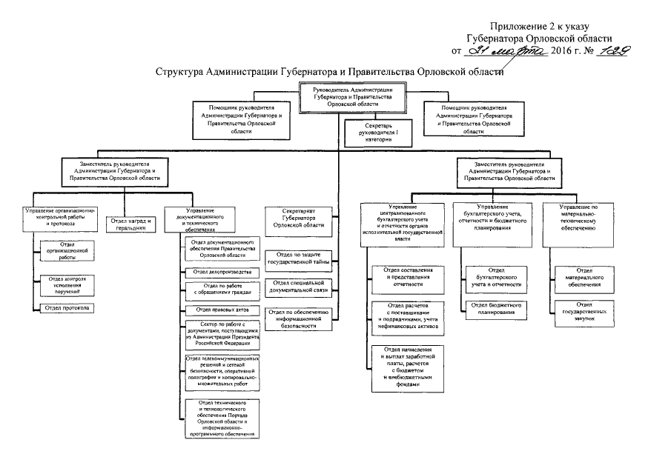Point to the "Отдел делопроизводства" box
(222, 272)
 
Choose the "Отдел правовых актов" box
(222, 310)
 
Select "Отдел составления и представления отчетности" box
(408, 277)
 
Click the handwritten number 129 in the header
(598, 52)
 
